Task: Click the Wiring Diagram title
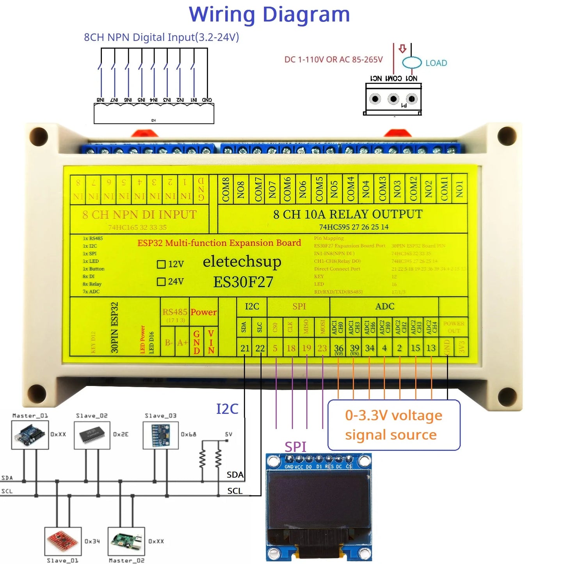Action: tap(269, 15)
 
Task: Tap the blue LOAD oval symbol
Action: tap(412, 62)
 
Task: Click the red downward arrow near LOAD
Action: tap(402, 49)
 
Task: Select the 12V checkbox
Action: tap(161, 264)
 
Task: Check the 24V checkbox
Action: tap(161, 281)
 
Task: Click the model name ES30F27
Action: tap(243, 282)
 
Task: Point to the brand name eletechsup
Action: tap(242, 262)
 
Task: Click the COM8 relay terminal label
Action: tap(226, 189)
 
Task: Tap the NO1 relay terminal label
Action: tap(459, 189)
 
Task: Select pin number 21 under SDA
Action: tap(245, 348)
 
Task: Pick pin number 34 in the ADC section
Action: tap(369, 348)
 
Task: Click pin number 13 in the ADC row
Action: tap(431, 348)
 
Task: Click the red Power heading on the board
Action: tap(203, 312)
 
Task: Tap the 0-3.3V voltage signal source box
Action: tap(394, 425)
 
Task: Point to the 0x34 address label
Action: tap(92, 541)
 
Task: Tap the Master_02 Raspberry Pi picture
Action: tap(126, 541)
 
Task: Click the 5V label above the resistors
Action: tap(228, 434)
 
